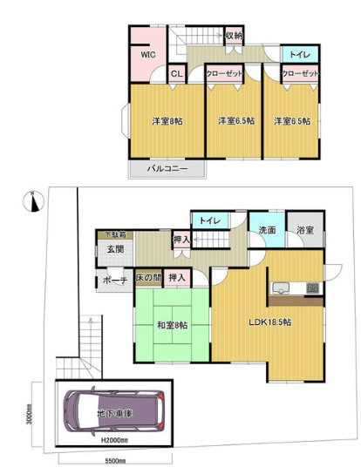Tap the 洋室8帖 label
[x=165, y=120]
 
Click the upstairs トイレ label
[x=298, y=54]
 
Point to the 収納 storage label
[x=233, y=36]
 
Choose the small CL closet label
[x=176, y=74]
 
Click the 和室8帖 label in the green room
[x=172, y=326]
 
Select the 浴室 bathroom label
[x=304, y=231]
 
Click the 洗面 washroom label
[x=267, y=231]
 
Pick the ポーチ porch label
[x=114, y=280]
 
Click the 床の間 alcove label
[x=149, y=277]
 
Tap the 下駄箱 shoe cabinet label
[x=115, y=234]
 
